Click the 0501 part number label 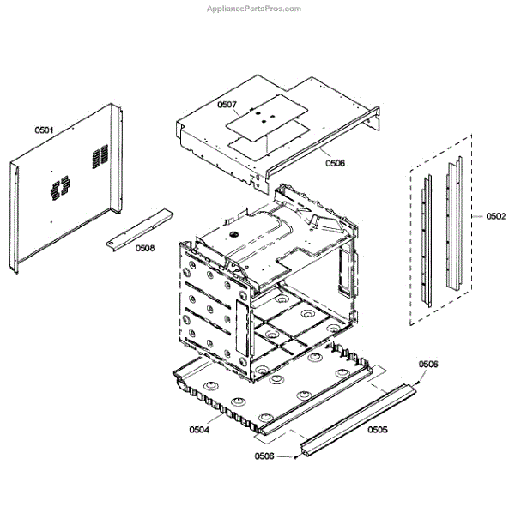coord(44,130)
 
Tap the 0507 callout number coord(227,105)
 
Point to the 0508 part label coord(145,249)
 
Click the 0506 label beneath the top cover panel coord(335,162)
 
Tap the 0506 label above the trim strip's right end coord(428,365)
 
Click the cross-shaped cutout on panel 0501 coord(58,189)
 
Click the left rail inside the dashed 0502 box coord(425,240)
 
